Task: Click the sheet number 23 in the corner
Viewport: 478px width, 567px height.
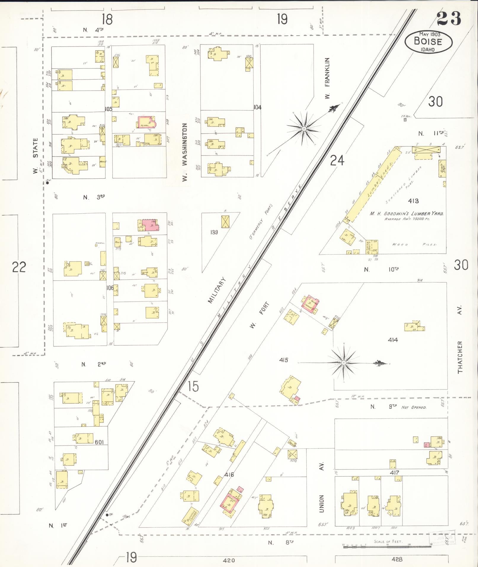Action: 449,18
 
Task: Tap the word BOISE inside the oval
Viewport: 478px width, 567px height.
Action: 428,41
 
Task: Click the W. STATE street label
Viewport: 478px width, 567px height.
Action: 36,156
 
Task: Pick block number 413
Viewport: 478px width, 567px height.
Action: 413,201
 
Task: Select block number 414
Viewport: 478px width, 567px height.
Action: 393,340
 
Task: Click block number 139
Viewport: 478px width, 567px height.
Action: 214,232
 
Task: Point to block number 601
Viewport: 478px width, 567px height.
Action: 99,442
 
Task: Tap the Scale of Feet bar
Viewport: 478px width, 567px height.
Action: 388,546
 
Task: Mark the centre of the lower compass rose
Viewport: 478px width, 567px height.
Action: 343,363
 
